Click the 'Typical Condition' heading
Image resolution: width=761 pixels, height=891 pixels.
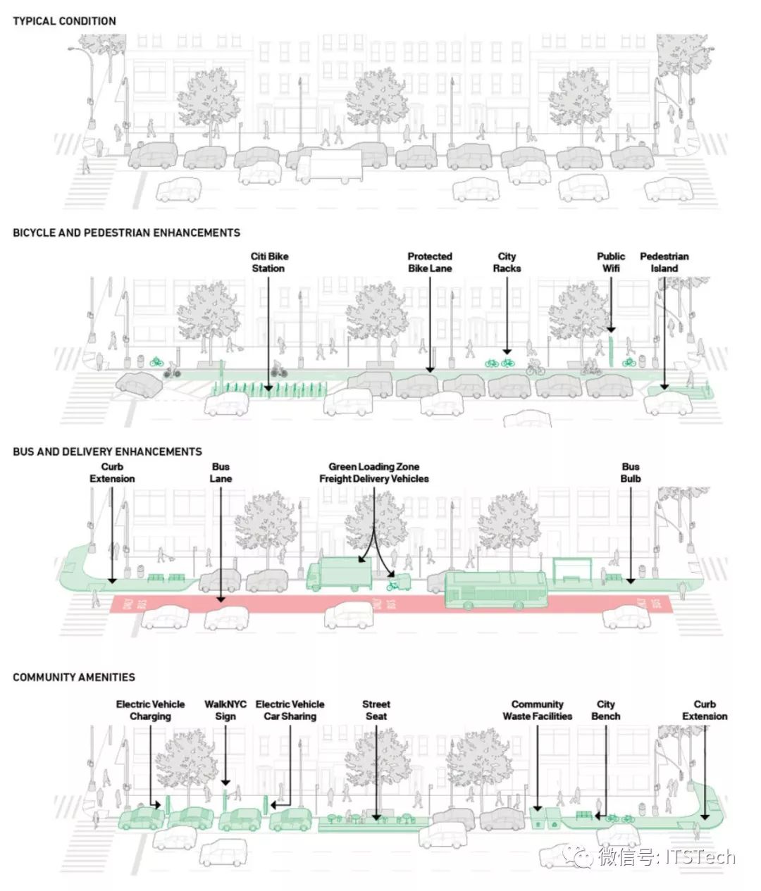click(x=64, y=21)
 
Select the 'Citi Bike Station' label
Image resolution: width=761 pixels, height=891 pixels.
click(x=269, y=263)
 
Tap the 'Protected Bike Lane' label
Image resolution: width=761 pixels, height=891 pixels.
click(x=430, y=263)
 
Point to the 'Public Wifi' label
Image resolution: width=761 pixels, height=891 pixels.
click(x=611, y=263)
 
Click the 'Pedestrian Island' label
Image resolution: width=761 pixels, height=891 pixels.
click(x=664, y=263)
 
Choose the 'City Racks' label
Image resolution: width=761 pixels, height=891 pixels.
click(x=507, y=263)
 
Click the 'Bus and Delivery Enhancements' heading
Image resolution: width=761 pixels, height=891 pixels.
click(x=107, y=451)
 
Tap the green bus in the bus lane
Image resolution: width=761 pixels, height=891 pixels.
click(x=496, y=590)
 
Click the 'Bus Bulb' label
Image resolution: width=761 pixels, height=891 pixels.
click(x=631, y=473)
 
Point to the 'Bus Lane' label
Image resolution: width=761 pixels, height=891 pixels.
click(x=221, y=473)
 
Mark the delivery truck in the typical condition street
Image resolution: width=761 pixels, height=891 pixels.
click(x=328, y=168)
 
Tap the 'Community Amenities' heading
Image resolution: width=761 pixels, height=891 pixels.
click(x=74, y=678)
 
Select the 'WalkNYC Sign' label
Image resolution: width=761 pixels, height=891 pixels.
click(x=225, y=710)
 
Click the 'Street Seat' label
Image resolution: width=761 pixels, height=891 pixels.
click(x=376, y=710)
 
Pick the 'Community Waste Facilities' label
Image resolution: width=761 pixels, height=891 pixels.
click(x=538, y=710)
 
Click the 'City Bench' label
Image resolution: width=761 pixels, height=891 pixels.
click(x=606, y=710)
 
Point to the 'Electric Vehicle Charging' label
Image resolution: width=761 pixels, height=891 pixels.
click(x=150, y=710)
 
